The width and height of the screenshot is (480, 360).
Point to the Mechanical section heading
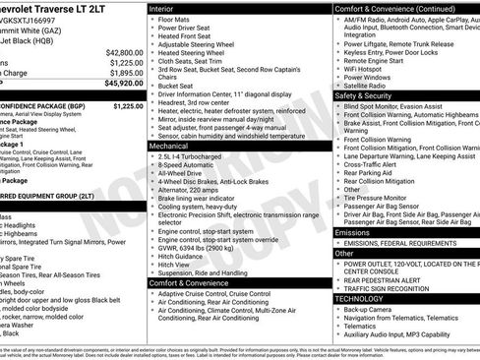170,144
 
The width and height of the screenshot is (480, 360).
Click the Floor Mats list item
175,19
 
